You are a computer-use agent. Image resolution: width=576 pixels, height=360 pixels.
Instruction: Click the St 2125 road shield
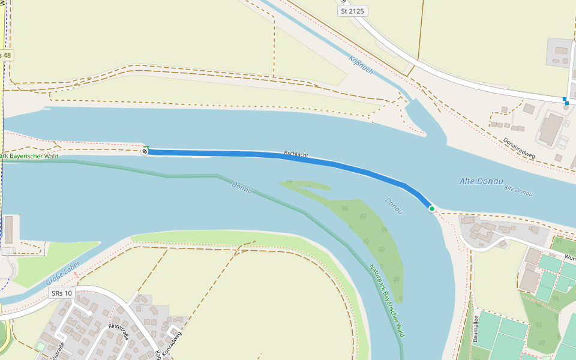(x=352, y=11)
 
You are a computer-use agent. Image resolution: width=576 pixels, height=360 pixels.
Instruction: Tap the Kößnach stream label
(x=361, y=65)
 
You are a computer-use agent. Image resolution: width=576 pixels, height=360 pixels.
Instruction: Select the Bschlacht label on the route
(x=296, y=154)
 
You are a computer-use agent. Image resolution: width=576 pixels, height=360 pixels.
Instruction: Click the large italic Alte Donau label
(x=481, y=181)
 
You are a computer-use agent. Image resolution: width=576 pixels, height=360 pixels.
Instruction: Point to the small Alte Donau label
(x=518, y=190)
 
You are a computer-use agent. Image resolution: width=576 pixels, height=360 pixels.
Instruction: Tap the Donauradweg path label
(x=519, y=151)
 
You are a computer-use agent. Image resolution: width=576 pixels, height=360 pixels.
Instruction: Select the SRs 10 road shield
(x=62, y=293)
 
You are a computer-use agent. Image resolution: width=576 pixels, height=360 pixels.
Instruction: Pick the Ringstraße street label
(x=118, y=331)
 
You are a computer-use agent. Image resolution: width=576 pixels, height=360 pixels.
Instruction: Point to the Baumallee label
(x=476, y=329)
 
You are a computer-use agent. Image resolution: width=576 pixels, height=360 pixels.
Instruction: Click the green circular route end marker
(x=431, y=208)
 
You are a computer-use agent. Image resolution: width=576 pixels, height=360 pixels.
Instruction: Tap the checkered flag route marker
(x=145, y=151)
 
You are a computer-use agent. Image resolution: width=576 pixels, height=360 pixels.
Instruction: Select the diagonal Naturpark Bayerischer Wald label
(x=386, y=300)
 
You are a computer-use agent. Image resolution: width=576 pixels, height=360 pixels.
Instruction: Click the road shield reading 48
(x=5, y=55)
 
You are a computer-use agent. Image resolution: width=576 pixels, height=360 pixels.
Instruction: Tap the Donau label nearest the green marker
(x=394, y=206)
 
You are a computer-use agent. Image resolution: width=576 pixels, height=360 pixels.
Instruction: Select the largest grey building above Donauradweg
(x=550, y=128)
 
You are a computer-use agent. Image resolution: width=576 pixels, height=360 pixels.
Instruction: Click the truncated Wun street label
(x=569, y=257)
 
